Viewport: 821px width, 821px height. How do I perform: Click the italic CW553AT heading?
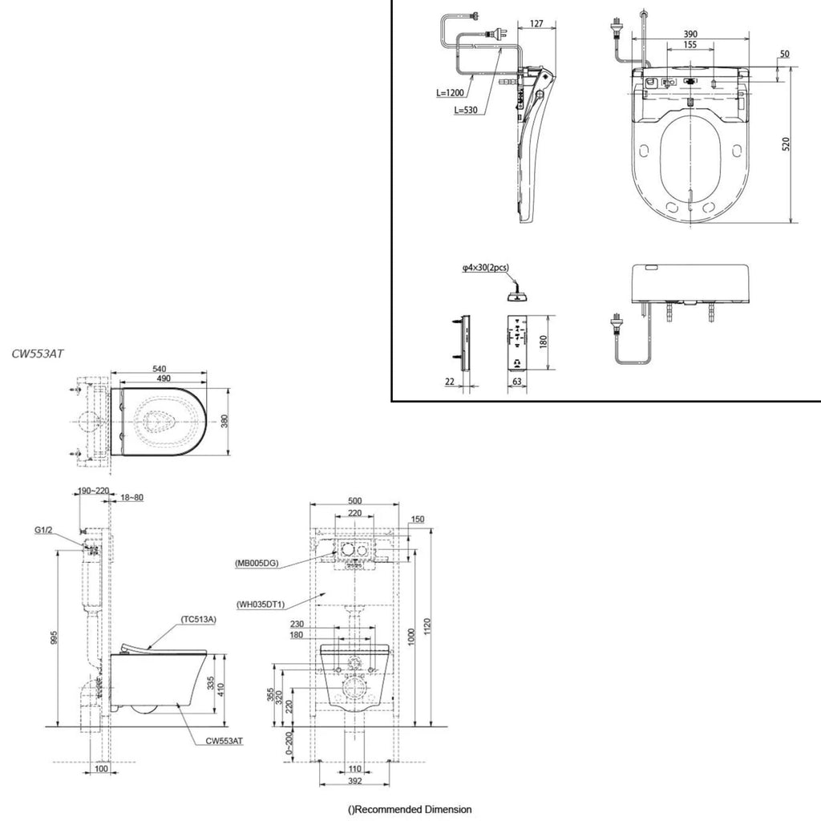coord(38,354)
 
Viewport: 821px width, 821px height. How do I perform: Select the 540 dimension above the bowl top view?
coord(160,369)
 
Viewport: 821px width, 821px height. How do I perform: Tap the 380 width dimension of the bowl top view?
coord(224,422)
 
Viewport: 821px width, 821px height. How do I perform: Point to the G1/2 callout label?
coord(43,530)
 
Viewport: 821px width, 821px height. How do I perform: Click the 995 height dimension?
coord(54,637)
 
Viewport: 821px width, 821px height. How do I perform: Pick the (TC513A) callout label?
coord(199,620)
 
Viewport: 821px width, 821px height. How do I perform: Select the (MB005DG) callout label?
coord(257,564)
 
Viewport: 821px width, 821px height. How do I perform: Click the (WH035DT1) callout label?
coord(261,605)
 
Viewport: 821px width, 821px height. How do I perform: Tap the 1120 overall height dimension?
coord(427,628)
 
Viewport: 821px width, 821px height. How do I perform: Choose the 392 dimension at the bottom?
coord(355,781)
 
